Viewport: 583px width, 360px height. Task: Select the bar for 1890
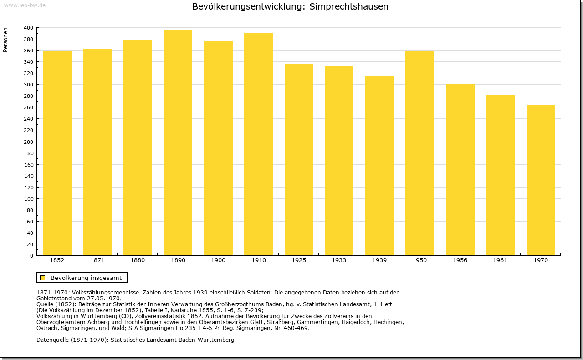pos(178,142)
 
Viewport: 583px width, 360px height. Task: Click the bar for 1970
pos(541,180)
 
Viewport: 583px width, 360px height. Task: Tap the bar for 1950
pos(419,153)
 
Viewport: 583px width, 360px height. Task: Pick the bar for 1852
pos(57,153)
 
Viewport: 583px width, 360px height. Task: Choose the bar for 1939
pos(379,165)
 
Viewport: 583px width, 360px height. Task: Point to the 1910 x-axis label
pos(259,260)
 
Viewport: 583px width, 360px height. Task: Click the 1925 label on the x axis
pos(299,260)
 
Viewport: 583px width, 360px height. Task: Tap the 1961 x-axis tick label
pos(500,260)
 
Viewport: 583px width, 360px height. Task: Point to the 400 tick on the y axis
pos(28,28)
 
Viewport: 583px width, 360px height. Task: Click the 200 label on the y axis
pos(28,142)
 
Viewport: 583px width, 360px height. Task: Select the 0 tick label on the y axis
pos(31,256)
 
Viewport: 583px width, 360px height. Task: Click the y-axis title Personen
pos(5,40)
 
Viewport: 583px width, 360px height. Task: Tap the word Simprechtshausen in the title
pos(348,6)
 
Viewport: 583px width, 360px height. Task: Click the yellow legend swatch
pos(43,278)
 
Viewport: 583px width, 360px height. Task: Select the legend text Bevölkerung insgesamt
pos(86,278)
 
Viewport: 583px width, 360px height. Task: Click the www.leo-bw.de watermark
pos(25,5)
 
